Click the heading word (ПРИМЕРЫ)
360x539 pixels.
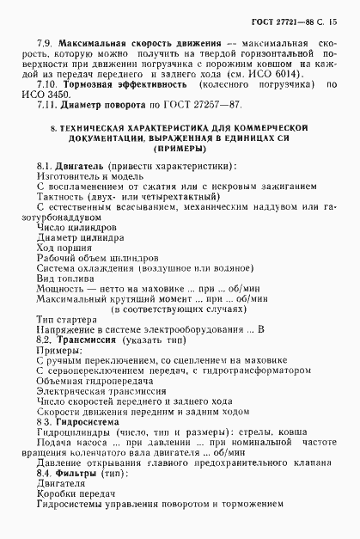(180, 148)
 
